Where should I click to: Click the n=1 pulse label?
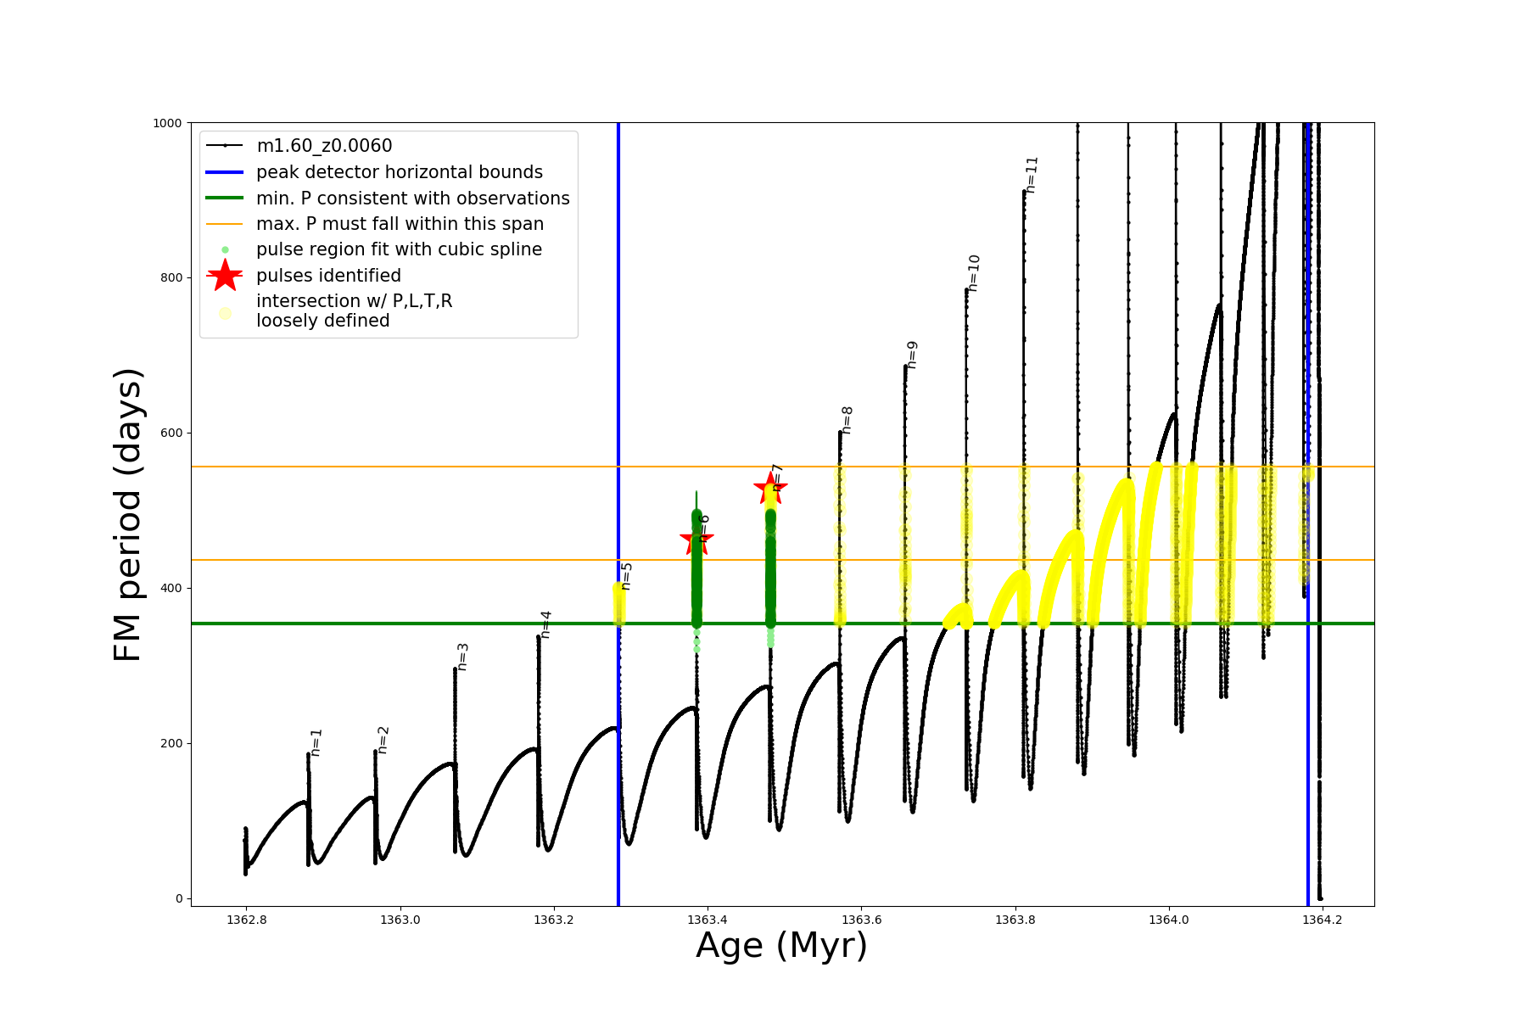[x=316, y=742]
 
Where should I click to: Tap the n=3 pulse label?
[x=462, y=657]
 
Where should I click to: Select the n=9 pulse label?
[x=912, y=355]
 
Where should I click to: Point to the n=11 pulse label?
[x=1032, y=175]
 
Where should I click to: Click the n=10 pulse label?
[x=973, y=273]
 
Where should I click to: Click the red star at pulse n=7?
[x=770, y=487]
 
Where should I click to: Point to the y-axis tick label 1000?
[x=167, y=123]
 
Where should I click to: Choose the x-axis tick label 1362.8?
[x=246, y=920]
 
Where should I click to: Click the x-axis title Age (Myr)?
[x=781, y=945]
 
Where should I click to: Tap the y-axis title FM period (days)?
[x=127, y=514]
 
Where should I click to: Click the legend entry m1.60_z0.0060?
[x=324, y=146]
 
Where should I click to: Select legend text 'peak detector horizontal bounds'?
[x=400, y=172]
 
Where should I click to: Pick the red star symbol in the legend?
[x=225, y=275]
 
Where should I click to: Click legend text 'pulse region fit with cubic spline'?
[x=399, y=249]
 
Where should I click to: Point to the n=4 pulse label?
[x=545, y=624]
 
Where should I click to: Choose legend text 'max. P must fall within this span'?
[x=400, y=224]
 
